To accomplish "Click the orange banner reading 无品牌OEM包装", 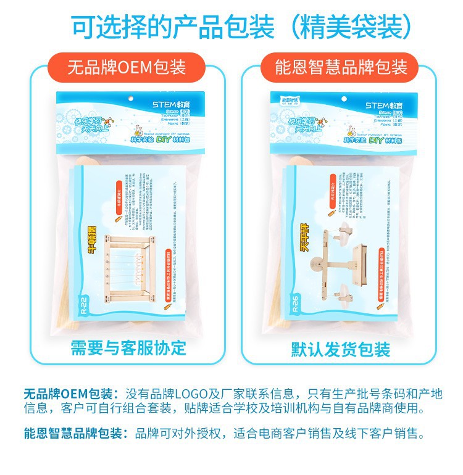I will (x=127, y=66).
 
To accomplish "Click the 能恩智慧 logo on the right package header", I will (x=285, y=100).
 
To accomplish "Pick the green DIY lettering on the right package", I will (x=359, y=140).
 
